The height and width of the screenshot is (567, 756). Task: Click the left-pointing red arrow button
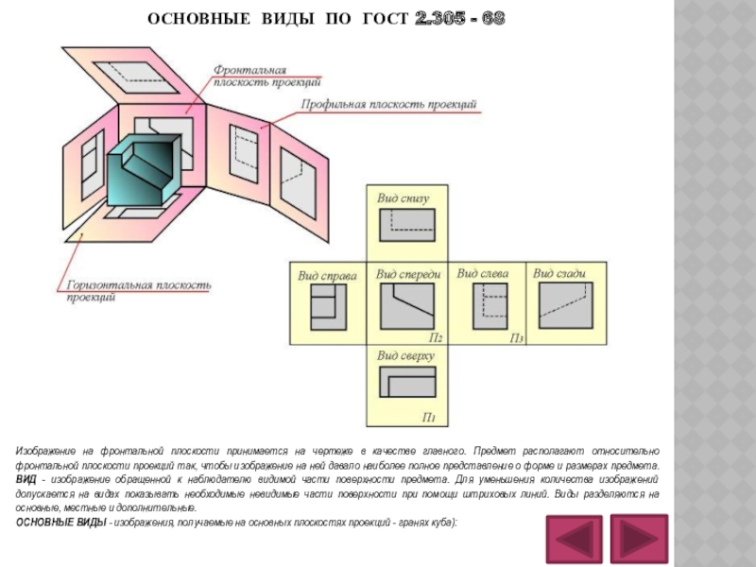point(573,540)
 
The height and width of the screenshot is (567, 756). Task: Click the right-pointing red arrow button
point(639,540)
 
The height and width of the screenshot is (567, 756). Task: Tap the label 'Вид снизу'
point(403,199)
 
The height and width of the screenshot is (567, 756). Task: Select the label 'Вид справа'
point(327,276)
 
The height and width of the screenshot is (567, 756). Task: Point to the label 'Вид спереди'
point(408,274)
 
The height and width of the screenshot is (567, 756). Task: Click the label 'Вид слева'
point(482,274)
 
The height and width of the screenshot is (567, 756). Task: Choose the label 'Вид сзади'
point(559,274)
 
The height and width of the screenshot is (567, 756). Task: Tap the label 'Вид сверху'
point(404,355)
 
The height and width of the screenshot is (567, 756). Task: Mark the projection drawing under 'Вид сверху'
point(407,383)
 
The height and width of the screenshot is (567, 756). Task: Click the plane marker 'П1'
point(428,417)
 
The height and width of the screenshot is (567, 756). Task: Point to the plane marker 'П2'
point(436,336)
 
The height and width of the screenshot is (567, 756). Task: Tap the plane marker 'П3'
point(517,337)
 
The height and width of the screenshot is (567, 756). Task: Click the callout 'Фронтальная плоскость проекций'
point(250,76)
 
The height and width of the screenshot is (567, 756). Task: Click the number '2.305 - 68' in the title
point(459,19)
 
